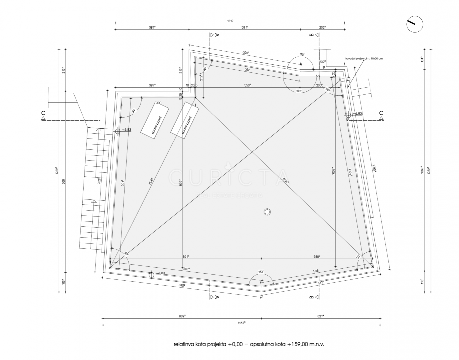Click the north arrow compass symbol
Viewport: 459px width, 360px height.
(x=415, y=24)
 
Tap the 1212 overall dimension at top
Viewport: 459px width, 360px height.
(x=230, y=21)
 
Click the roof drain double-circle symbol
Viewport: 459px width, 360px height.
(x=267, y=212)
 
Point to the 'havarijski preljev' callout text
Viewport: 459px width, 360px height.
(x=364, y=58)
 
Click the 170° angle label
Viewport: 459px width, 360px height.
(x=302, y=54)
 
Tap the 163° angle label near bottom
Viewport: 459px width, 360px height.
(x=261, y=272)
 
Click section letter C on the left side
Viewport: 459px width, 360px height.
(x=43, y=113)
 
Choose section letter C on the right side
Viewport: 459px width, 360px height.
(x=381, y=113)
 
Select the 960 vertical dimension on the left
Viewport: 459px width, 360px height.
(x=64, y=182)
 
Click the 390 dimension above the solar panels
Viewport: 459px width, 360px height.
(x=159, y=103)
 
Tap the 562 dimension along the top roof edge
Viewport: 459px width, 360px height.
(x=247, y=70)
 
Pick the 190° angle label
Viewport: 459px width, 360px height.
(x=299, y=91)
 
